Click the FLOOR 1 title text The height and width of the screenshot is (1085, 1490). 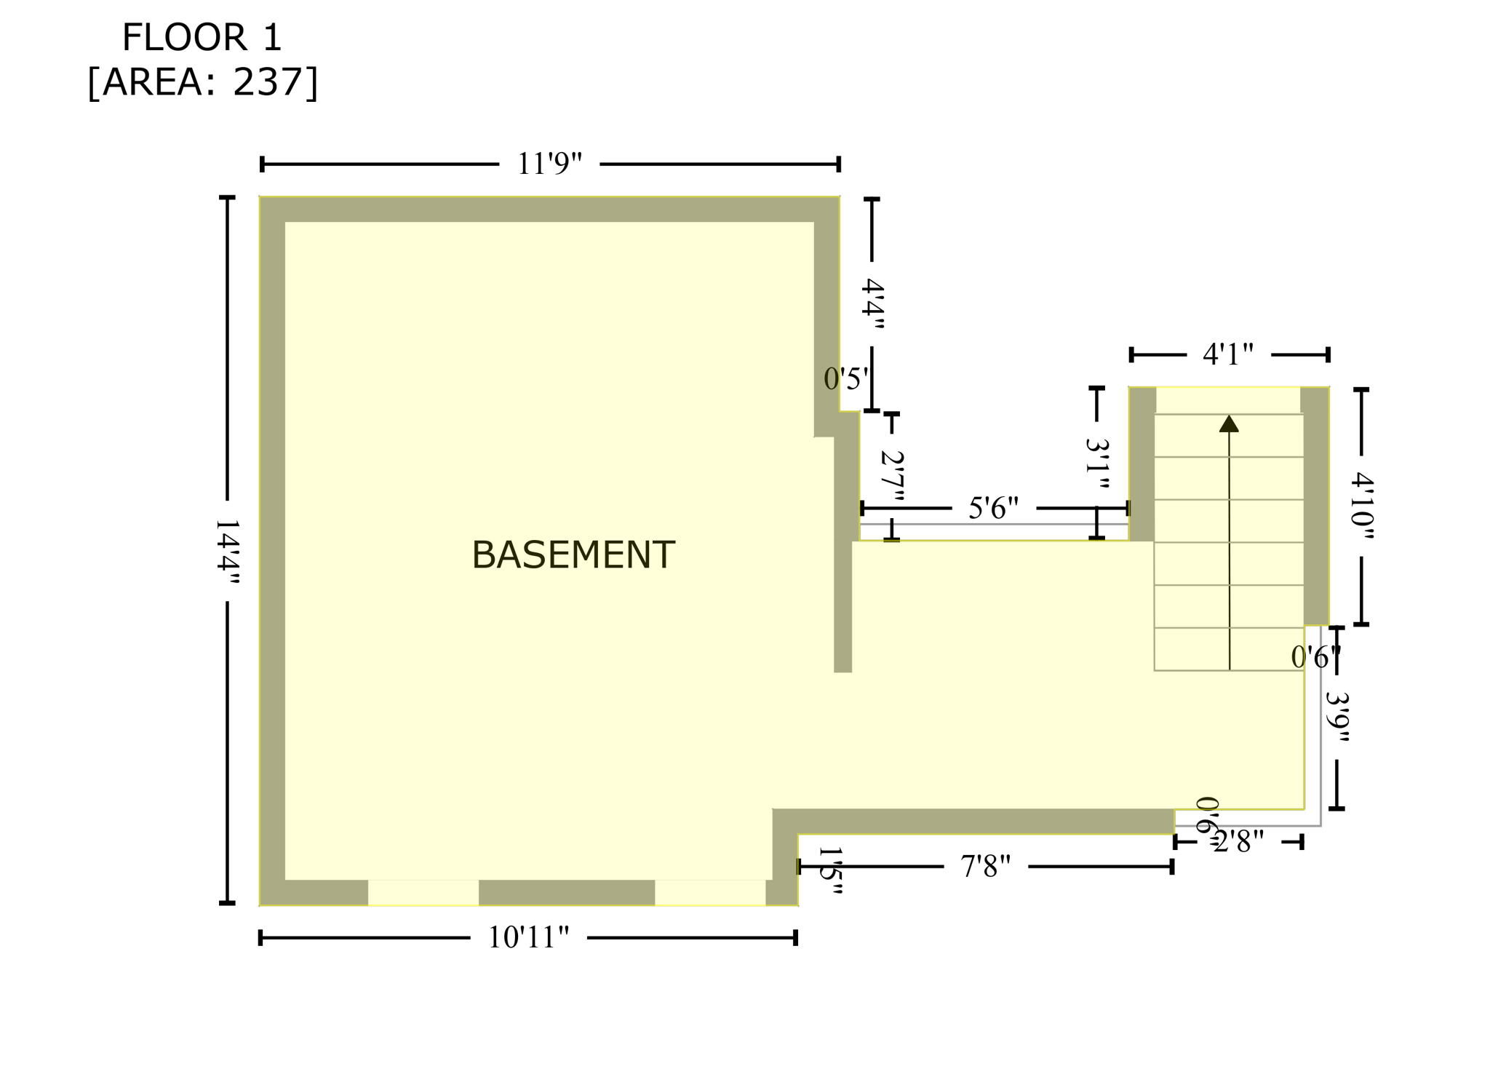pos(202,38)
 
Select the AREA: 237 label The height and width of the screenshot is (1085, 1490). pos(203,82)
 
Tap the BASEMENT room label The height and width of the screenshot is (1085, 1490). pos(573,556)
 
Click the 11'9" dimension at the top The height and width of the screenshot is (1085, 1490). pos(549,164)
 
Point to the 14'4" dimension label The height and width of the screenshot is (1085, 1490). pos(228,552)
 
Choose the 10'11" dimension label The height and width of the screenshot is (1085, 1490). pos(528,937)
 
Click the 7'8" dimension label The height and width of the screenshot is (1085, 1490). pos(985,866)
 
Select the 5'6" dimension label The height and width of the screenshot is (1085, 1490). pos(993,508)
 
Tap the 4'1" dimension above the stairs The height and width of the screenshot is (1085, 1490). pos(1228,354)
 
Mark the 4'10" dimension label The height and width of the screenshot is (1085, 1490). pos(1361,506)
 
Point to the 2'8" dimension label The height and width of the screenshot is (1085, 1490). pos(1239,842)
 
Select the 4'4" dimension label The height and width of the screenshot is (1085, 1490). pos(872,304)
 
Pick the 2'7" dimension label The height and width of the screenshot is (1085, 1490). pos(892,477)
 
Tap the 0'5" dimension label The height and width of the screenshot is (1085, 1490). pos(845,379)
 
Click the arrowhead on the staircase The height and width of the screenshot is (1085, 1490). pos(1229,424)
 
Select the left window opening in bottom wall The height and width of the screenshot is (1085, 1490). pos(423,892)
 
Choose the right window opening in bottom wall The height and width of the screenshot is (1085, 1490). pos(710,892)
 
